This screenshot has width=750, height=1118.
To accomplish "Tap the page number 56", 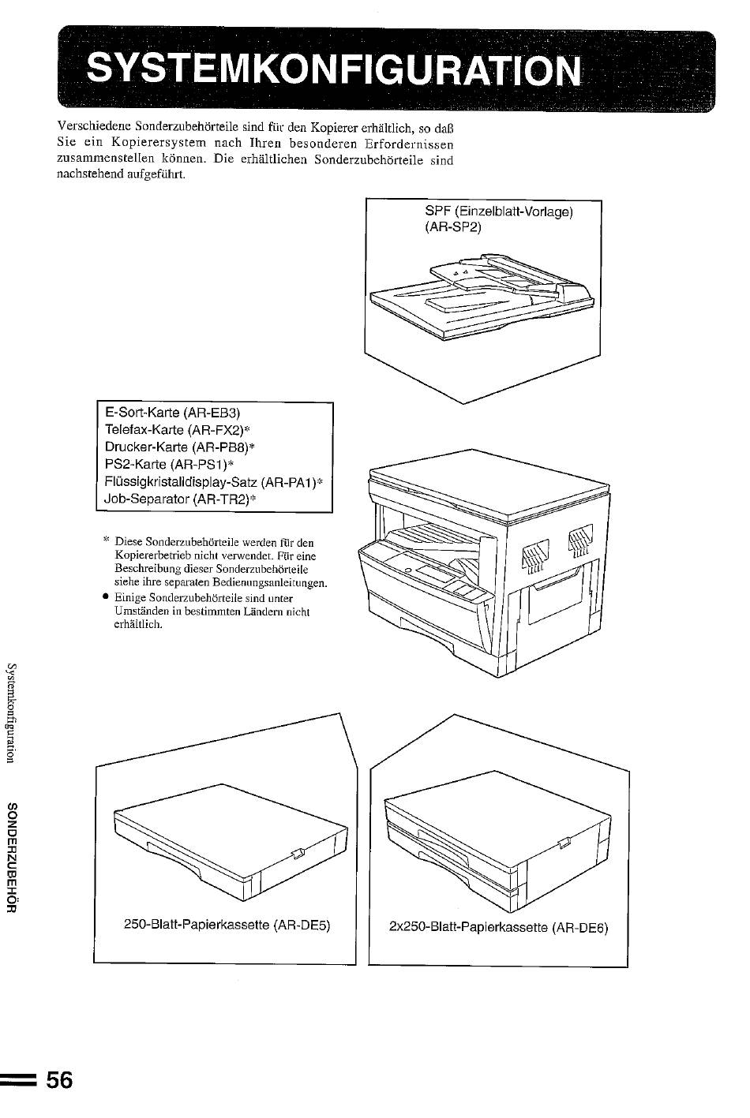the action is [x=60, y=1081].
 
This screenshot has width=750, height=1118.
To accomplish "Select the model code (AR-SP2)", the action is [x=453, y=227].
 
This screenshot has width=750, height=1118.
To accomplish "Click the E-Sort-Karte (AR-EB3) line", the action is [x=172, y=413].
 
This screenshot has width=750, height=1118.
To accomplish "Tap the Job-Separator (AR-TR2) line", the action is [x=180, y=499].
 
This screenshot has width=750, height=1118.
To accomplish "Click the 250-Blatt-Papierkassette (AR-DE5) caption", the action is [x=227, y=925].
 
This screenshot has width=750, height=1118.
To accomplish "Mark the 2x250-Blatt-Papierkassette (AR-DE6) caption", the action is [x=498, y=928].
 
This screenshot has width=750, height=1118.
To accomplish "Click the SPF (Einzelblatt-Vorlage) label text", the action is [x=499, y=211].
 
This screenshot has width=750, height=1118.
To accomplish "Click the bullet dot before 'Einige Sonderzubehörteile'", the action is [x=106, y=596].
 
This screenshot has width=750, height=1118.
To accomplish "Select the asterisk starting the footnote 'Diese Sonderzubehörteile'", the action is [x=106, y=540].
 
